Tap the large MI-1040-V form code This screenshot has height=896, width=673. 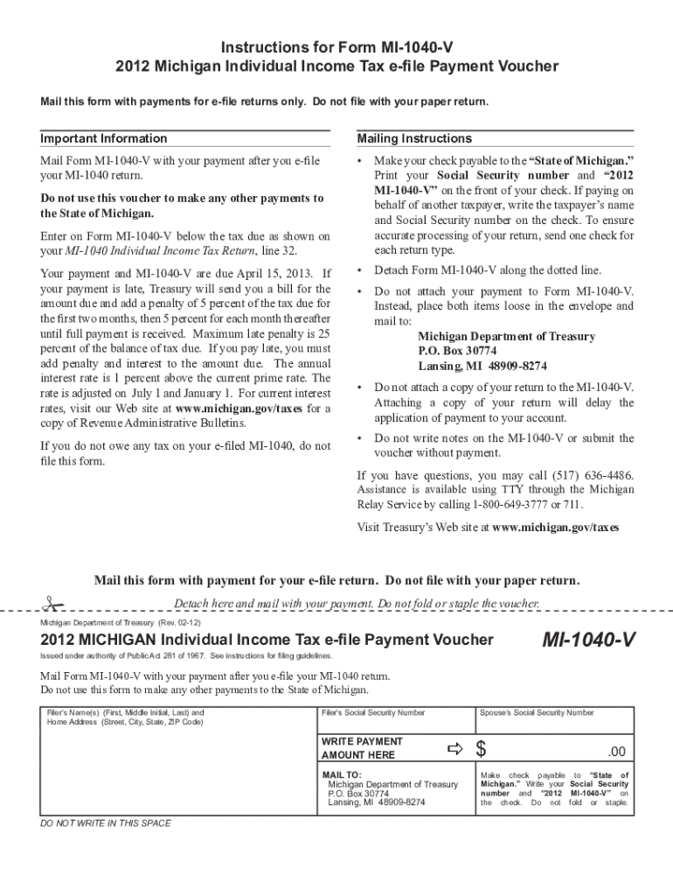(587, 642)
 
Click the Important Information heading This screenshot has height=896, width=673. (103, 138)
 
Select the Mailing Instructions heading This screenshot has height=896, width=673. (414, 138)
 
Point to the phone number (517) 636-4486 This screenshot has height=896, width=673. (588, 475)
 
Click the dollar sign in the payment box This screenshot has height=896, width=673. (480, 749)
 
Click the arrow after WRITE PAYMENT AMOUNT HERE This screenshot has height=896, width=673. (454, 748)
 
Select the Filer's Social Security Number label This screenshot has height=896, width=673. (373, 713)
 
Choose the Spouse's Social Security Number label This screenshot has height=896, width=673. (537, 713)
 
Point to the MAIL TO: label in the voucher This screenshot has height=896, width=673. (341, 774)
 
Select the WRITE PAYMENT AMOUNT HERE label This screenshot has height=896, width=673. (362, 748)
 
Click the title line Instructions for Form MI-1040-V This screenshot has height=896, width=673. (336, 46)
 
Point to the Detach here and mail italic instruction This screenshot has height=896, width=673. (357, 604)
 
